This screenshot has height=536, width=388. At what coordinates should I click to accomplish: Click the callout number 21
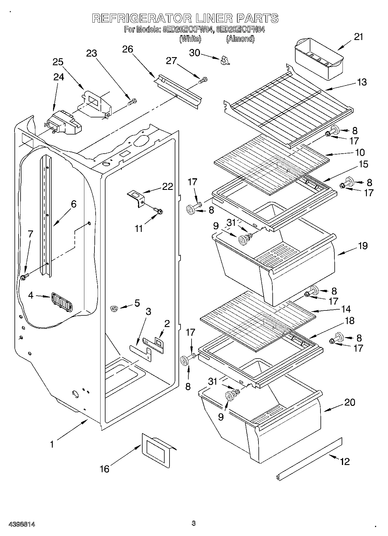pyautogui.click(x=358, y=37)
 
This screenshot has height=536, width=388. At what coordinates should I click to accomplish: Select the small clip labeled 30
pyautogui.click(x=224, y=60)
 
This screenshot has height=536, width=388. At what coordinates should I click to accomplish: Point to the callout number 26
pyautogui.click(x=127, y=49)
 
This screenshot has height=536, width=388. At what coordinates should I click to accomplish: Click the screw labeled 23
pyautogui.click(x=132, y=102)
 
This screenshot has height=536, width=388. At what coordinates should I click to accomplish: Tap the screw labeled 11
pyautogui.click(x=159, y=210)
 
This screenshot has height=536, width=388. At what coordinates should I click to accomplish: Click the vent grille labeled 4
pyautogui.click(x=62, y=302)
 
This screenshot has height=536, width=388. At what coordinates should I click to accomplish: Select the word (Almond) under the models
pyautogui.click(x=240, y=39)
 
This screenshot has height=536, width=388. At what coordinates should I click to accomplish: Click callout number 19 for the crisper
pyautogui.click(x=363, y=246)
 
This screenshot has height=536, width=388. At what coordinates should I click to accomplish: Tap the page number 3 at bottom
pyautogui.click(x=194, y=523)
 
